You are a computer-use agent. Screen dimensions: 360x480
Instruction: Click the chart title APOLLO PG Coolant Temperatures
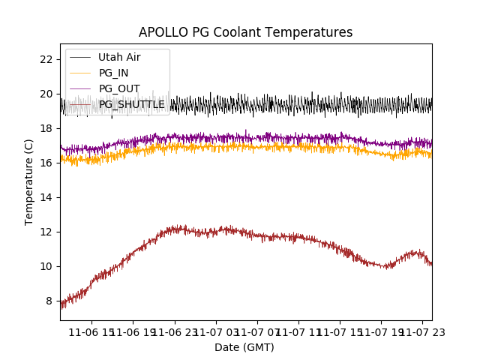click(x=245, y=32)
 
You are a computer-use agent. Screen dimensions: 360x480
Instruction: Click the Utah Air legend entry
click(x=119, y=57)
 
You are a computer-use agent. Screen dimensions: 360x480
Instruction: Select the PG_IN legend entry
click(x=113, y=73)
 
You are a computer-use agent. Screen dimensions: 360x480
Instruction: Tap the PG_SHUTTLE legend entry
click(x=131, y=104)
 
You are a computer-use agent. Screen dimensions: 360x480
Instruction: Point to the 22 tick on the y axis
click(x=46, y=59)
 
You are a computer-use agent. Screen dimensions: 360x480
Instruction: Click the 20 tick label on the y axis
click(x=46, y=94)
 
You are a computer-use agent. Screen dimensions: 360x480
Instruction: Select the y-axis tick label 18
click(x=46, y=128)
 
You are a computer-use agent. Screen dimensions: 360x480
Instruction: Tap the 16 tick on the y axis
click(x=46, y=163)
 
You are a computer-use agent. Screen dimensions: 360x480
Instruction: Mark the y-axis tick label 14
click(x=46, y=197)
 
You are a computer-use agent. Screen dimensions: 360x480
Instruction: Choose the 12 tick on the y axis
click(x=46, y=232)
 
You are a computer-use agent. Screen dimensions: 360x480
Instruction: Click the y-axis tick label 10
click(x=46, y=266)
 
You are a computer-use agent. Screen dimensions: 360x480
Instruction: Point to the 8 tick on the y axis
click(x=49, y=301)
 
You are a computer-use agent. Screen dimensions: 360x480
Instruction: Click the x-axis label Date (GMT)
click(x=244, y=347)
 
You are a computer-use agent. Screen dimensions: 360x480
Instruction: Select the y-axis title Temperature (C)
click(x=29, y=181)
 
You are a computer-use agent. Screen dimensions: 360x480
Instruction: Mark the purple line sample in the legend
click(x=80, y=88)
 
